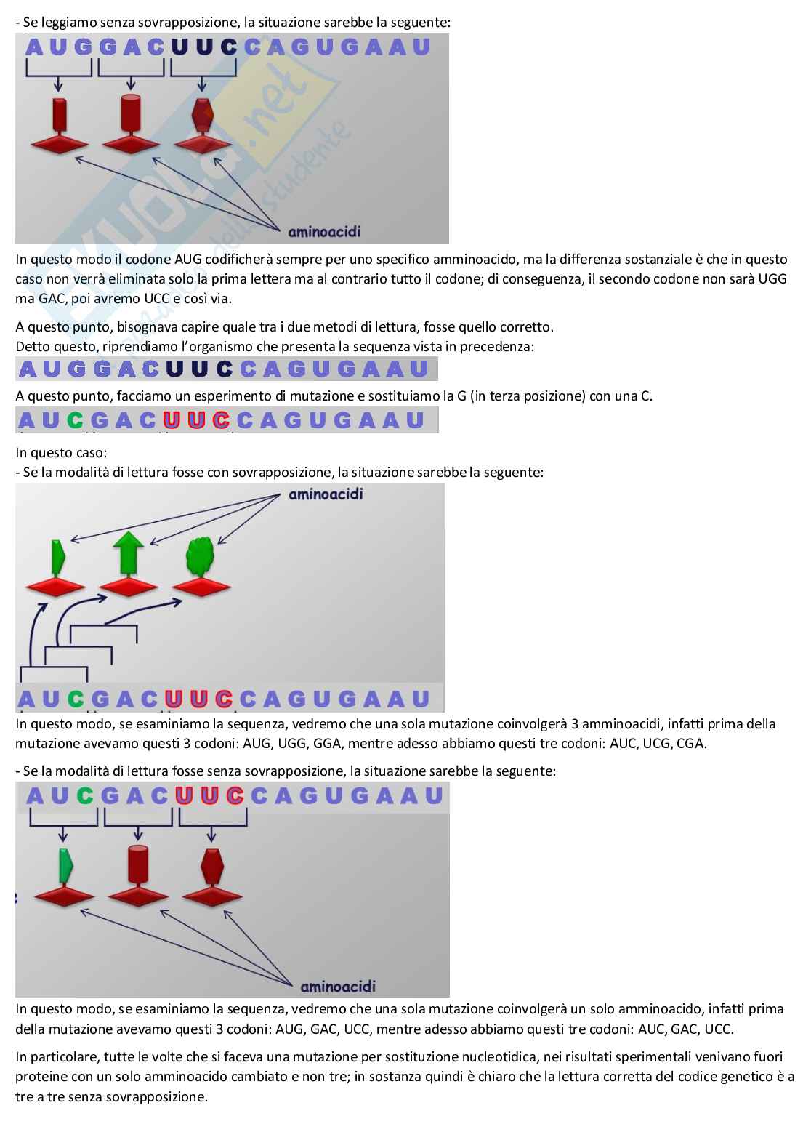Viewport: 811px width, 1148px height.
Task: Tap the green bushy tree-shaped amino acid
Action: coord(201,556)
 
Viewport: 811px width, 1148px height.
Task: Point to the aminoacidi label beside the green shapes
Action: coord(326,494)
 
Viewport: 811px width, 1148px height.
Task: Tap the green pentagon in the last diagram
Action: coord(65,865)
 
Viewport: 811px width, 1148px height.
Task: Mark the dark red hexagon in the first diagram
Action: coord(203,115)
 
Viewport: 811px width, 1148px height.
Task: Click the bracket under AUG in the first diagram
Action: coord(58,68)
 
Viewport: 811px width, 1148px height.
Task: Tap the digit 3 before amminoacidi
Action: coord(574,724)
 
